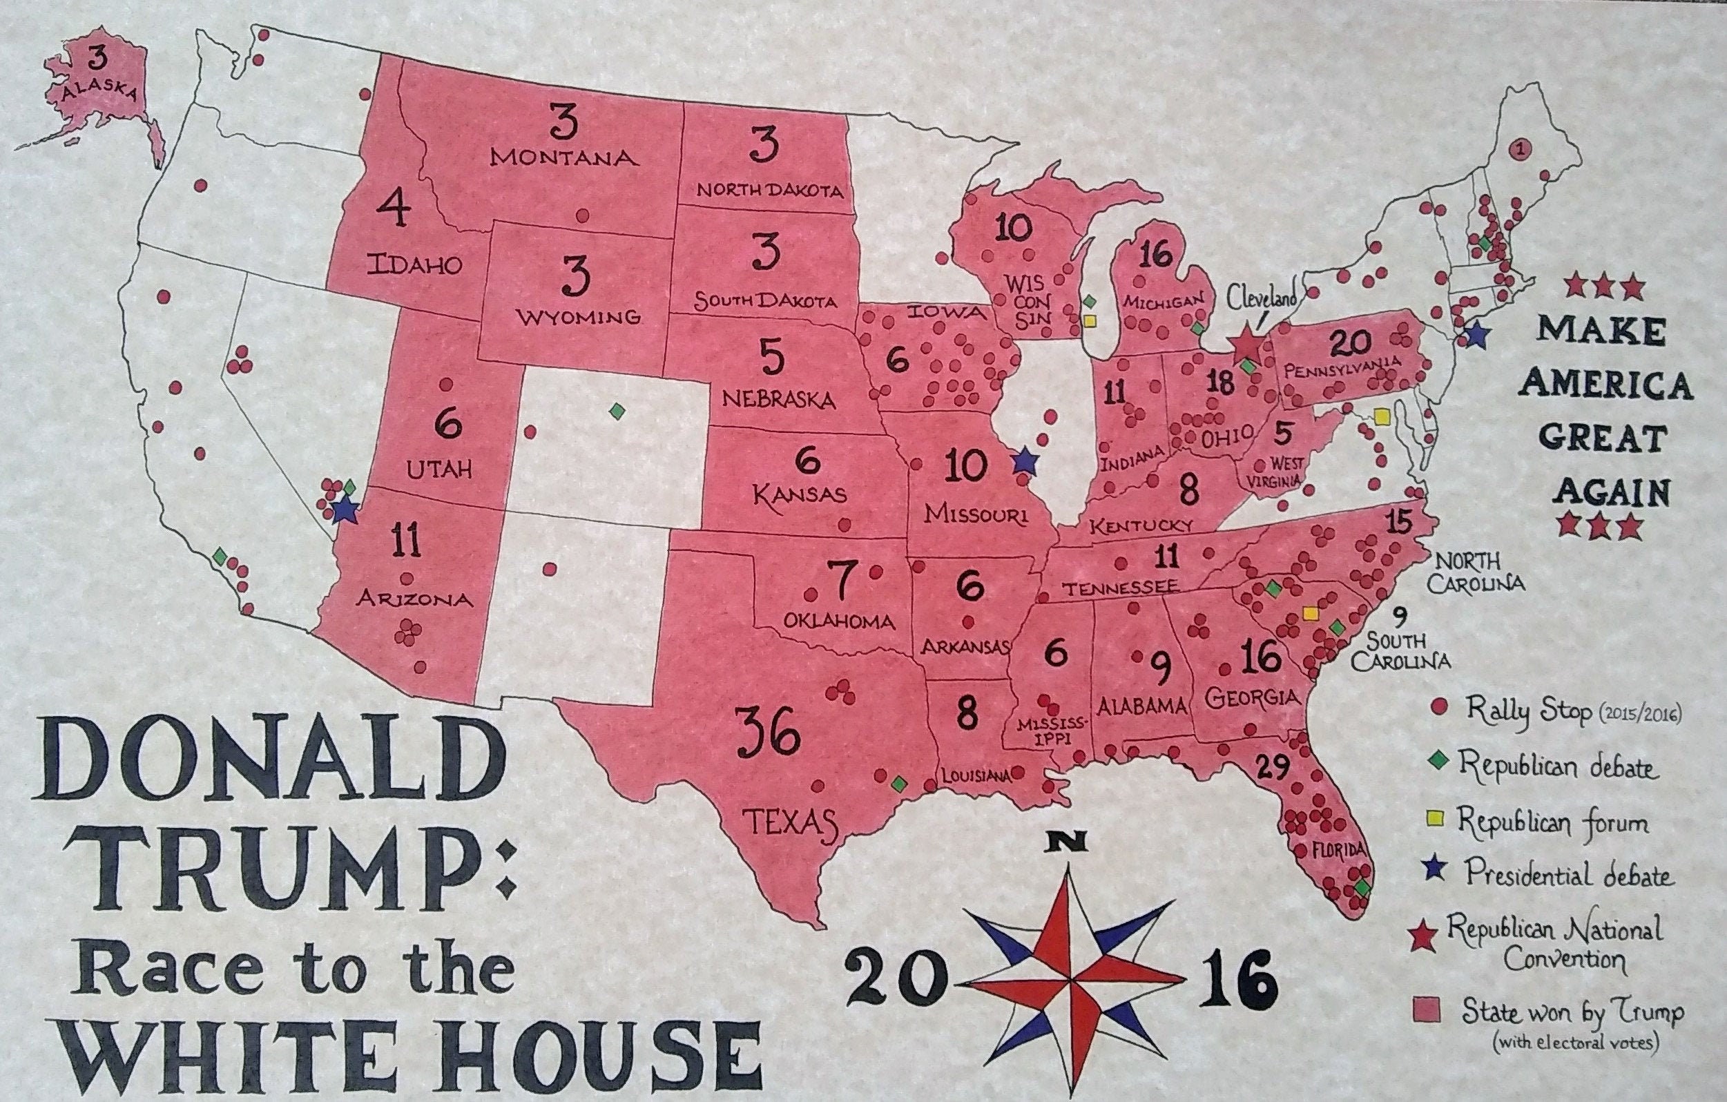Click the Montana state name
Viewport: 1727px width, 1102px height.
click(563, 157)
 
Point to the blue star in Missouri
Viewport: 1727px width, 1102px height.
click(1025, 461)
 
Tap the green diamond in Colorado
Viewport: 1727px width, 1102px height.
click(616, 411)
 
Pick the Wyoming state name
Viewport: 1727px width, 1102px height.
click(579, 316)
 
